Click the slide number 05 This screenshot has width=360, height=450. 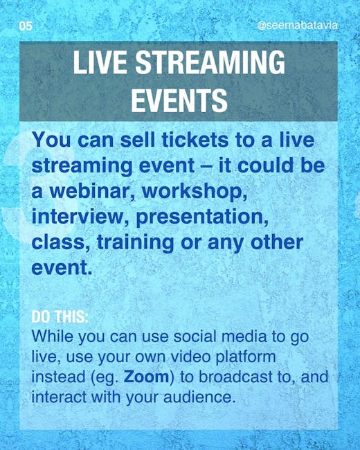[26, 26]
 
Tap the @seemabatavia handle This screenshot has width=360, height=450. [297, 26]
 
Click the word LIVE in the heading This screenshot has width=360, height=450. [100, 62]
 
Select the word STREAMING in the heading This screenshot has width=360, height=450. [210, 62]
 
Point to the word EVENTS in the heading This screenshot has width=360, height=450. [179, 100]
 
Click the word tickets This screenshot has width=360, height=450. [195, 140]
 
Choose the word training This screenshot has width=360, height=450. [135, 243]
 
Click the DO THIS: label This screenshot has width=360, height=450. [60, 317]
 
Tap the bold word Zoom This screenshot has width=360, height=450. [146, 377]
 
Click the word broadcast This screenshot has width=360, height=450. [235, 377]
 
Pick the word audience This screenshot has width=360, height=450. [198, 397]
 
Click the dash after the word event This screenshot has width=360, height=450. [206, 166]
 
